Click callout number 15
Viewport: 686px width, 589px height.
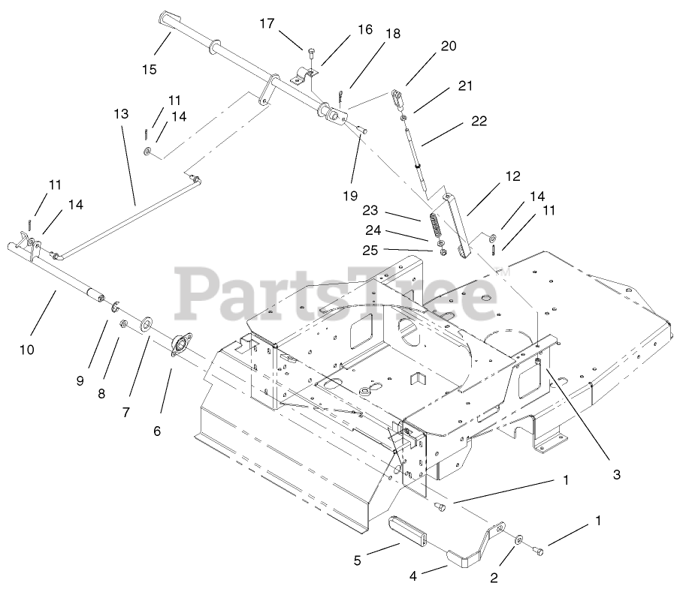point(149,70)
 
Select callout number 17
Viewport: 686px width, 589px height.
point(267,23)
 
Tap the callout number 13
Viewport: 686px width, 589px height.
point(121,115)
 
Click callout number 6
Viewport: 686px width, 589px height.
point(157,431)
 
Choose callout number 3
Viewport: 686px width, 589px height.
point(615,474)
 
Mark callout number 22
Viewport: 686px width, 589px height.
point(479,121)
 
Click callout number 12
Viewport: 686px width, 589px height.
point(512,177)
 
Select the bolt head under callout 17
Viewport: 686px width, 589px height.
point(310,50)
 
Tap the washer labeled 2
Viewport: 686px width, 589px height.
point(519,539)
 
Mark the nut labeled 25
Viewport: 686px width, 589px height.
point(443,252)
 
